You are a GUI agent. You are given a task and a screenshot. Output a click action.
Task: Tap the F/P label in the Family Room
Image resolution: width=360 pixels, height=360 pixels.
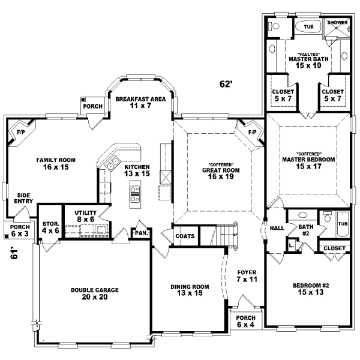click(x=20, y=131)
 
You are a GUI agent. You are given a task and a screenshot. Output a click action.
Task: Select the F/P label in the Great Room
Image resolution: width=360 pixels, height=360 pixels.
click(x=251, y=131)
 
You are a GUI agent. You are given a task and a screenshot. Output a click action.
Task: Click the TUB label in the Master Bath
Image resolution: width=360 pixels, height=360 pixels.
click(x=308, y=27)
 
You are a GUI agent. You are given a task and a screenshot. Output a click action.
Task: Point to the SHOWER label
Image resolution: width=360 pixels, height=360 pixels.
click(x=338, y=22)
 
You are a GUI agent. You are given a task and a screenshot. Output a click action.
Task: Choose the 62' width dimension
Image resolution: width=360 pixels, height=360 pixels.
click(x=225, y=85)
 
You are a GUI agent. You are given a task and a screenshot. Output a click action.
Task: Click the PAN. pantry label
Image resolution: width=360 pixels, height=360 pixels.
click(x=142, y=233)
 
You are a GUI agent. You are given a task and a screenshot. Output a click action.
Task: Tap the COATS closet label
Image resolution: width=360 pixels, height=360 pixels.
click(x=185, y=236)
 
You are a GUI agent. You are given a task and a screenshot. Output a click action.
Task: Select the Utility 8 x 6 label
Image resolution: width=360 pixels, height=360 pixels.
click(x=86, y=216)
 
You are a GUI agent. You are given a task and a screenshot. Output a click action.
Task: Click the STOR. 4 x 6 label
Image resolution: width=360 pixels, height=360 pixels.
click(x=50, y=227)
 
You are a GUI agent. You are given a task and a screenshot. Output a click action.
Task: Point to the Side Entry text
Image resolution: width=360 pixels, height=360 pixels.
click(x=23, y=199)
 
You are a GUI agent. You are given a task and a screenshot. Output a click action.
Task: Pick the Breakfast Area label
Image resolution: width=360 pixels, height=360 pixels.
click(x=140, y=102)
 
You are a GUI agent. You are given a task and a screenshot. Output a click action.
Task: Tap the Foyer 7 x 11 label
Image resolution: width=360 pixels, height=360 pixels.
click(x=247, y=275)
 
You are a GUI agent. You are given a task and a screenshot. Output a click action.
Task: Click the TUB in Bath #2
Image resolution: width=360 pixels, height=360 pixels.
click(x=343, y=223)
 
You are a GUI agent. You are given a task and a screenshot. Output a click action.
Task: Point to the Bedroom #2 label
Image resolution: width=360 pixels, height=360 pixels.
click(x=310, y=289)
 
